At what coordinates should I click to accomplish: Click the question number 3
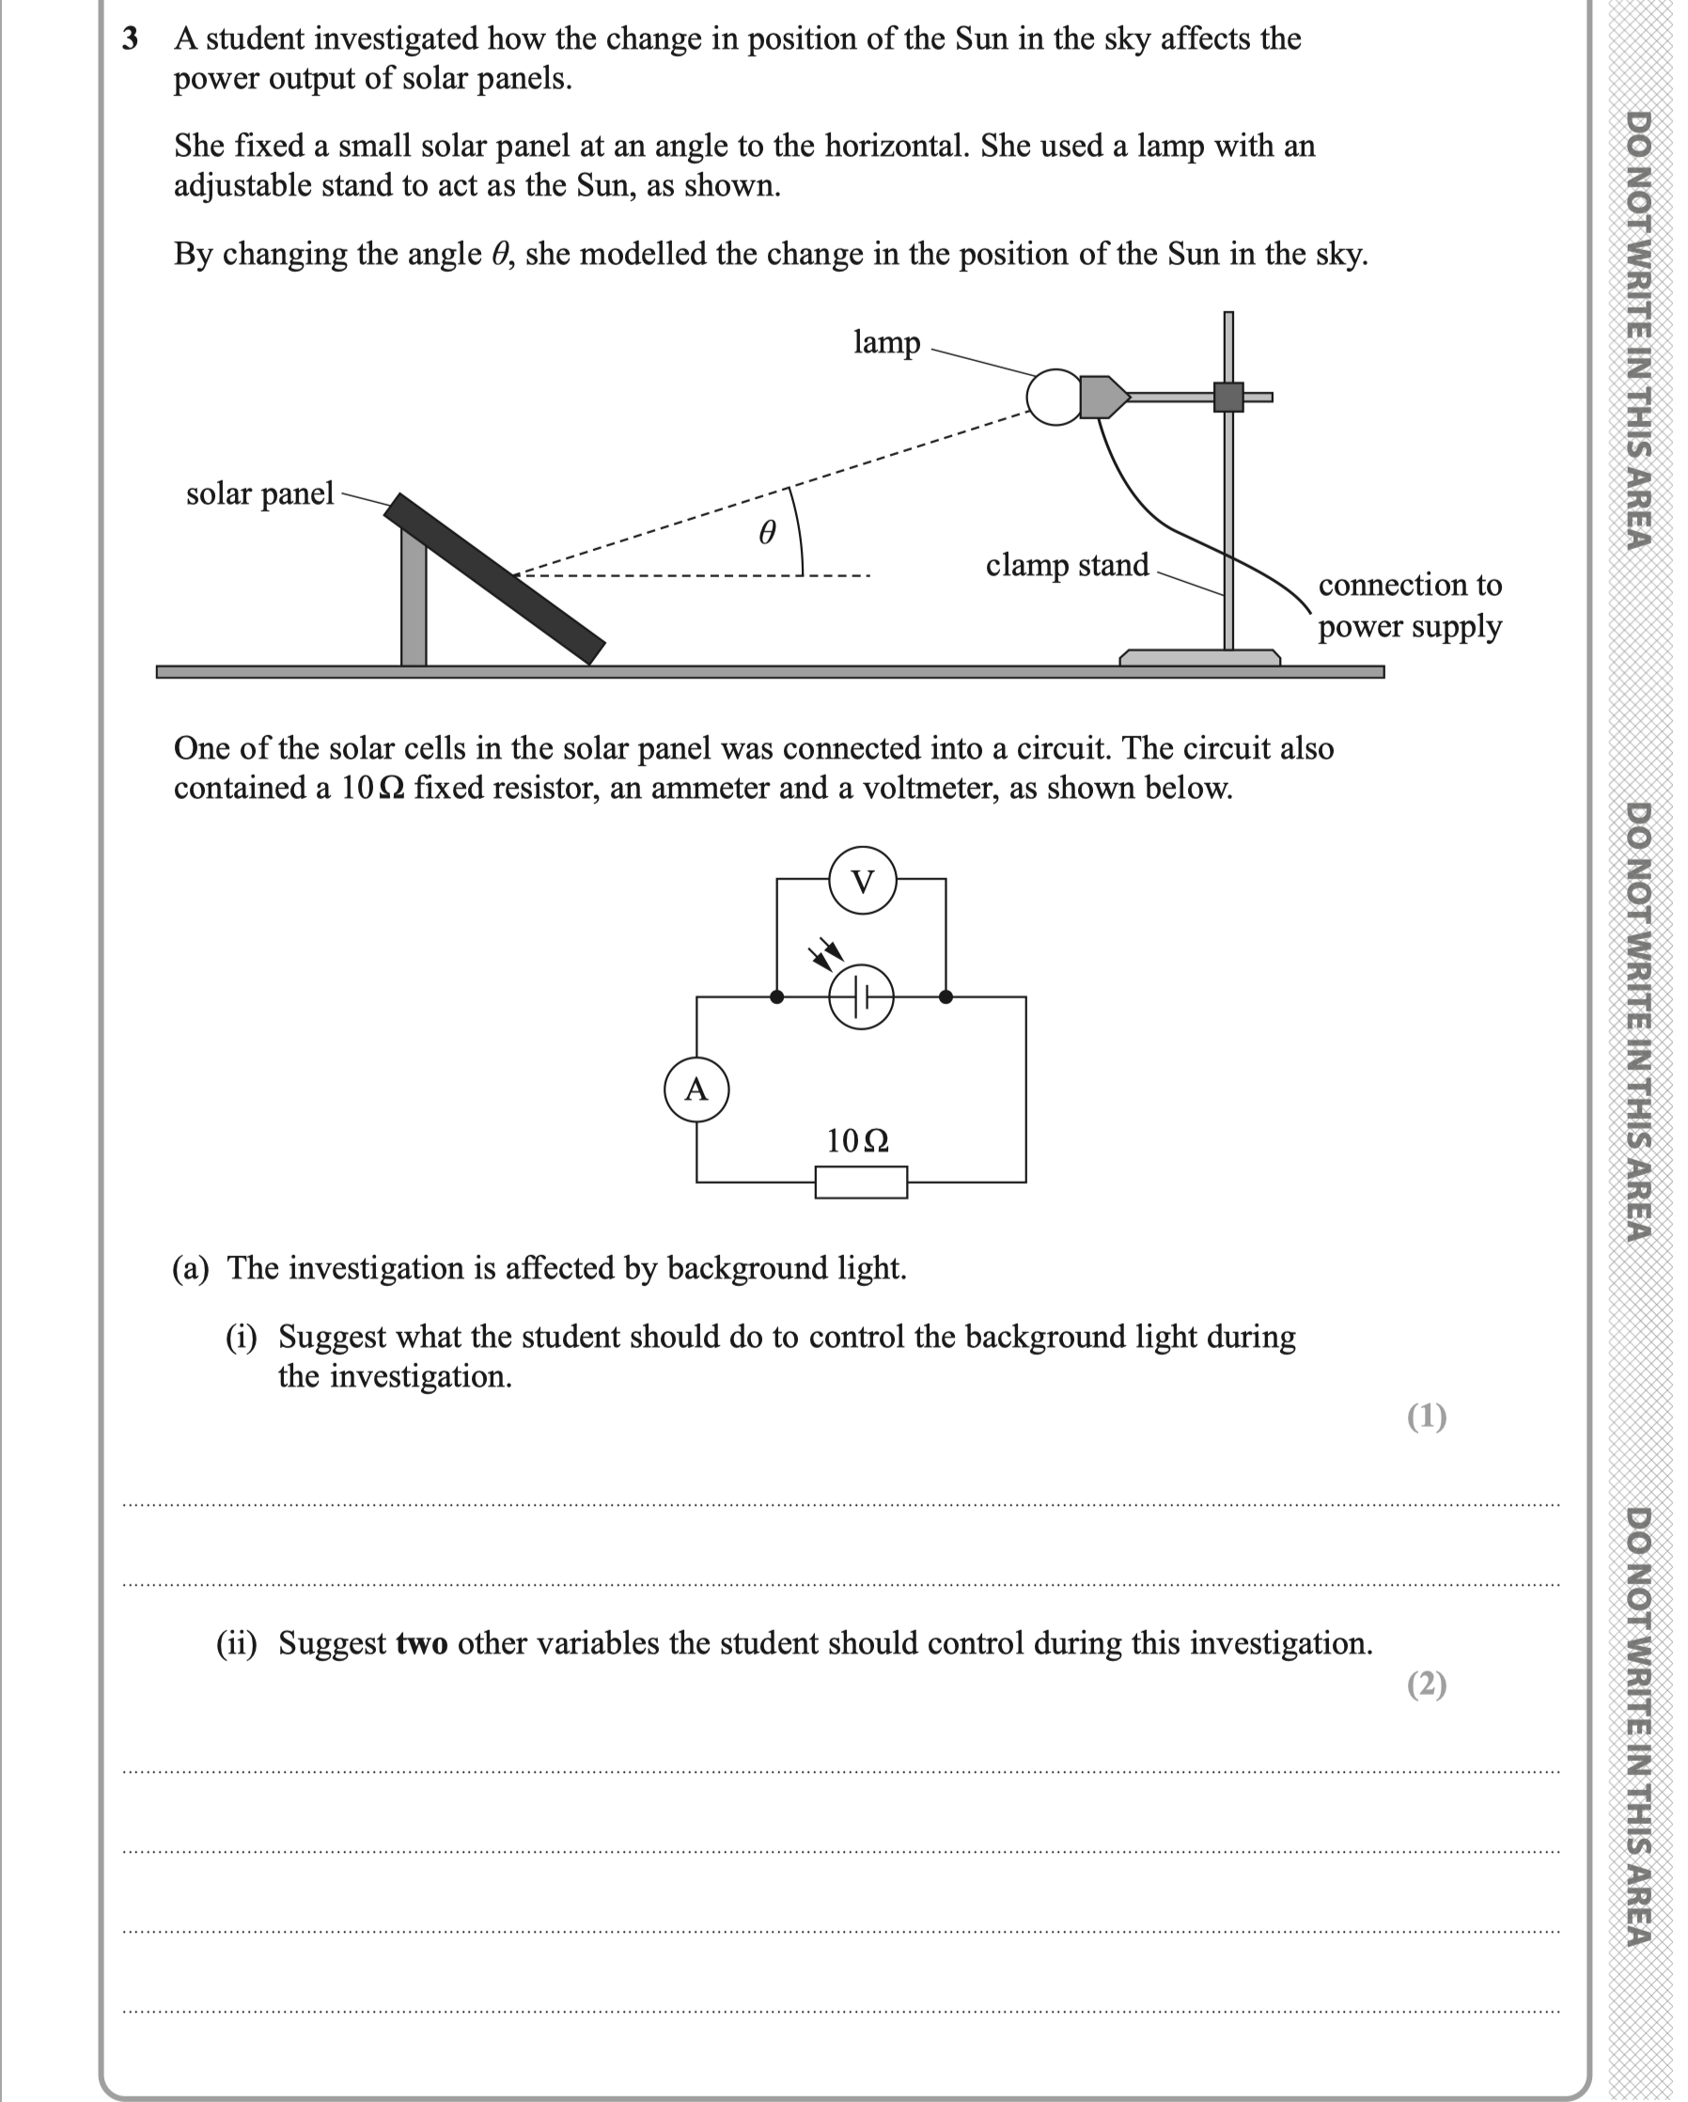point(130,39)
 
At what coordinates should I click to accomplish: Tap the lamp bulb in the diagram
point(1055,398)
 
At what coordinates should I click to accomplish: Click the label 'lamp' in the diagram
point(887,343)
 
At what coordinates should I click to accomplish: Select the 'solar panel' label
point(260,494)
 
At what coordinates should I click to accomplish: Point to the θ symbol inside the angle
point(768,532)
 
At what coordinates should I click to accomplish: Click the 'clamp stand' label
point(1067,566)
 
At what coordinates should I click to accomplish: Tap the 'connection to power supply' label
point(1409,605)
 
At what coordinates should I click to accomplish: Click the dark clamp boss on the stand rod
point(1228,397)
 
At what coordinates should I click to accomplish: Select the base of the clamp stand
point(1199,658)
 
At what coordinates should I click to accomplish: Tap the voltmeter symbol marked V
point(863,881)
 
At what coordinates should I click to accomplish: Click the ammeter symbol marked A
point(696,1089)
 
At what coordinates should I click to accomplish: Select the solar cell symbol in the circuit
point(862,997)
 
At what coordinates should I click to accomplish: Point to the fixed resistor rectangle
point(862,1182)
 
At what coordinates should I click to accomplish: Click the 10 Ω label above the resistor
point(858,1139)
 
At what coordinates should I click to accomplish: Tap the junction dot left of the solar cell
point(776,997)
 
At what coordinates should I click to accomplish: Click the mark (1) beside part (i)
point(1427,1417)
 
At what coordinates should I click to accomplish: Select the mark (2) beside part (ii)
point(1427,1685)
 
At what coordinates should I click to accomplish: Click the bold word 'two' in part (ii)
point(421,1644)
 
